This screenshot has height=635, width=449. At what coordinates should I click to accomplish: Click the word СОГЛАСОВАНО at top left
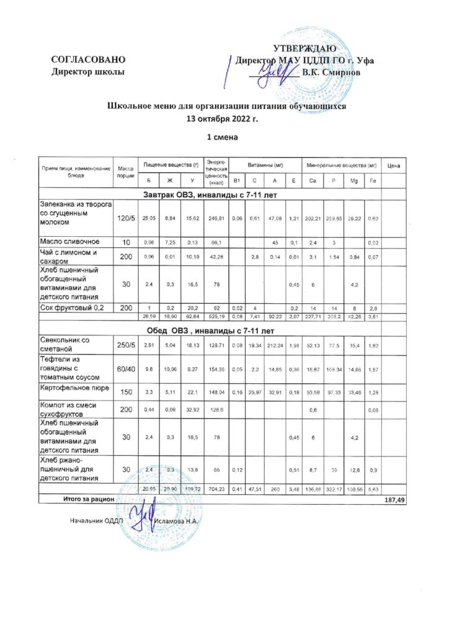click(x=89, y=60)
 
